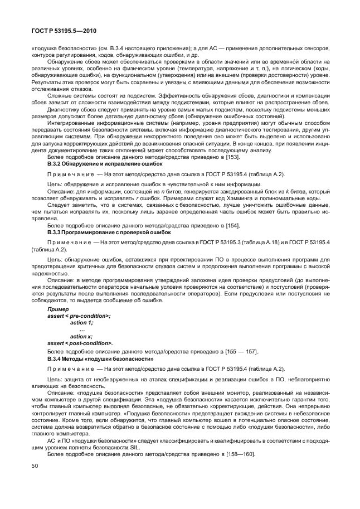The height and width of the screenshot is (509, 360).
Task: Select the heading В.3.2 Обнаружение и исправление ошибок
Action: coord(105,164)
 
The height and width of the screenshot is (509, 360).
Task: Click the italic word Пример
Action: coord(58,309)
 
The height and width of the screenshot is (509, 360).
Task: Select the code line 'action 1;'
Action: coord(81,322)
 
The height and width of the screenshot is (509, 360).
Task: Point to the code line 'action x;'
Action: coord(81,336)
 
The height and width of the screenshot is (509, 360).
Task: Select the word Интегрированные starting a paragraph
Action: coord(72,117)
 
